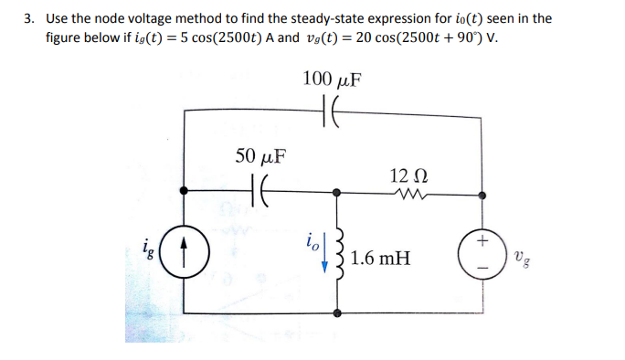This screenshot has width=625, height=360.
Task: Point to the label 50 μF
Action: [260, 155]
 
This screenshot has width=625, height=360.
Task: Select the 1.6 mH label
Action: [379, 259]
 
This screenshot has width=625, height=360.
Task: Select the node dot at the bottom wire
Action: [340, 312]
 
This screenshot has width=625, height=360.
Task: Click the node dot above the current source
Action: [185, 192]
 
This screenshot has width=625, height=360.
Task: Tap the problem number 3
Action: [30, 18]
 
